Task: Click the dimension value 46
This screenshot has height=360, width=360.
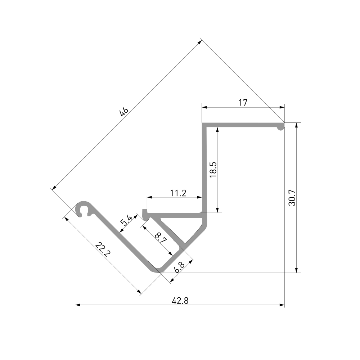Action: point(124,112)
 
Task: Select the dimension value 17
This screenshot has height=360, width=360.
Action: point(243,103)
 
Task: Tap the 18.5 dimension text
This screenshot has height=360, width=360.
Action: point(213,170)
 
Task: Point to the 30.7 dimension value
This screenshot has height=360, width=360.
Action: point(292,198)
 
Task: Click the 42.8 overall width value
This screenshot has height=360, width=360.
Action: point(180,301)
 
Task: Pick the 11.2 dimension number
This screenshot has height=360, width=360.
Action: point(178,193)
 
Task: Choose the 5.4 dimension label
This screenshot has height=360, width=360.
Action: point(126,220)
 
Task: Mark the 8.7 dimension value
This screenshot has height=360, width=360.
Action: point(161,238)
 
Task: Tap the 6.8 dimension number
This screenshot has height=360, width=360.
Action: point(179,267)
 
